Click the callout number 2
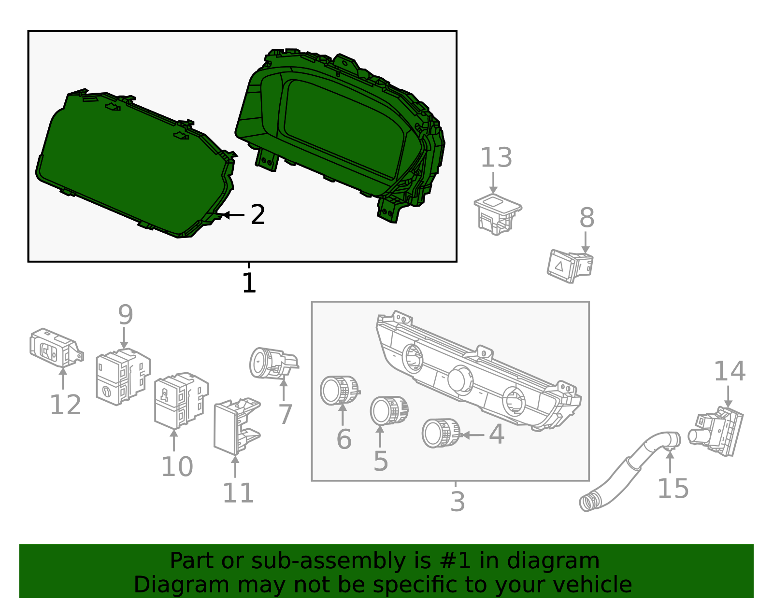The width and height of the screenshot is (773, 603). coord(258,215)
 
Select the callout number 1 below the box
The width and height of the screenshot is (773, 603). coord(249,283)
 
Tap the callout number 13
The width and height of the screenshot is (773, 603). coord(496,158)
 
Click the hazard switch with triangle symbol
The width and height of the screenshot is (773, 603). coord(569,266)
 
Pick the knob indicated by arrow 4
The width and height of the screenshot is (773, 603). coord(441,433)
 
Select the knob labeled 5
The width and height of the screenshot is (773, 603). coord(389,410)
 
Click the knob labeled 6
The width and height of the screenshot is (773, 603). coord(339,390)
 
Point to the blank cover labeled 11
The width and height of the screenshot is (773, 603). coord(236,427)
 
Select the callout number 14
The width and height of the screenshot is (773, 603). coord(730,371)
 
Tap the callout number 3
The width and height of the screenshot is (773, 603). coord(457,502)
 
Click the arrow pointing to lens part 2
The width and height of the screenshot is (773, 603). coord(232,215)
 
